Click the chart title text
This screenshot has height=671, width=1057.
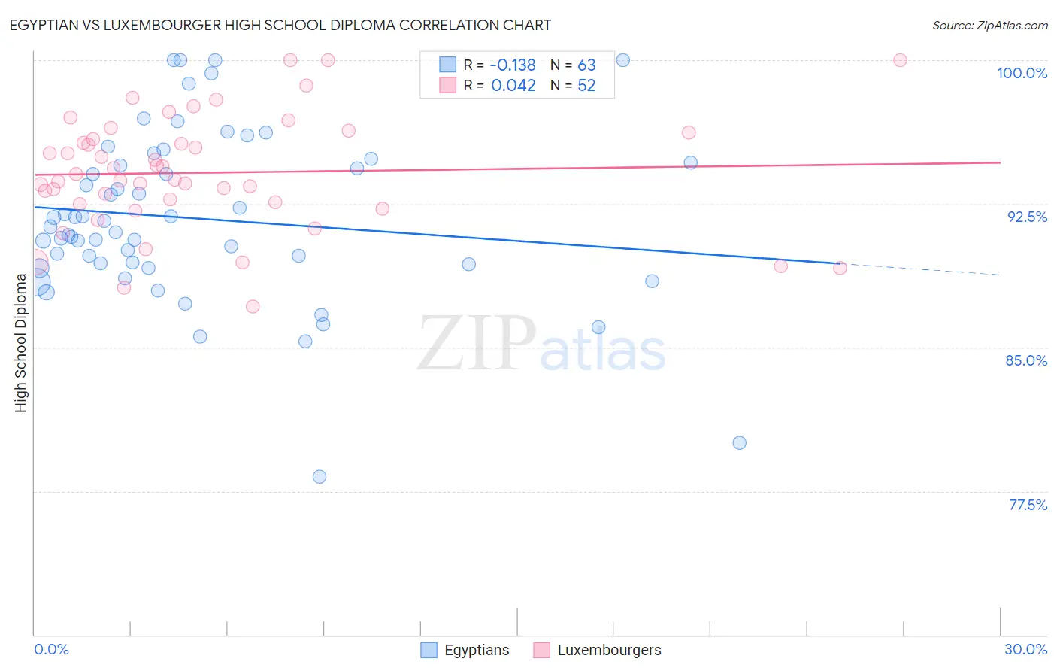point(280,25)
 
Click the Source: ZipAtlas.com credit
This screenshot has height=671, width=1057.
point(989,25)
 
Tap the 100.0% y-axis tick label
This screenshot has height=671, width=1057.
point(1022,73)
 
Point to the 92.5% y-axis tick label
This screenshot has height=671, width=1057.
point(1027,217)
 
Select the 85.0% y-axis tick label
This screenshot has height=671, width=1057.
point(1026,360)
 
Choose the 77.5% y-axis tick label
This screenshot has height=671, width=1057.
point(1028,505)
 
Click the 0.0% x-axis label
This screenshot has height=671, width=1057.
point(51,649)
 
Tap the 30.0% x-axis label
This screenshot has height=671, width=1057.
point(1025,649)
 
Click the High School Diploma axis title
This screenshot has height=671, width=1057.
point(21,342)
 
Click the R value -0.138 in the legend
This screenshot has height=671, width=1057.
point(513,65)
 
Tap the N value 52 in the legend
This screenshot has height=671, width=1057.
point(586,86)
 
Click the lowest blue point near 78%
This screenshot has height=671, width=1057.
point(320,477)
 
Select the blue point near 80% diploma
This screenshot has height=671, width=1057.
point(740,443)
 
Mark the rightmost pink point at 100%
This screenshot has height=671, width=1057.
point(900,60)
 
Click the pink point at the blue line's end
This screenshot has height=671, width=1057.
point(840,268)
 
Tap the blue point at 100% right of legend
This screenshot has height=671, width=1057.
point(623,60)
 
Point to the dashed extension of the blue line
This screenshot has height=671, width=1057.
point(925,269)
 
